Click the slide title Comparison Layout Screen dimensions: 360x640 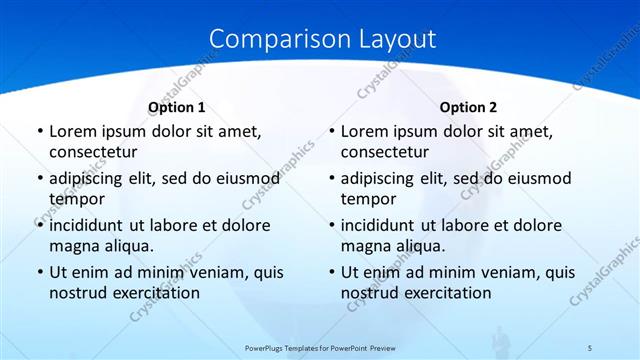pos(322,39)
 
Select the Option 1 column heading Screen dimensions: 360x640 pos(177,107)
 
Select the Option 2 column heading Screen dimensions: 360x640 pos(468,107)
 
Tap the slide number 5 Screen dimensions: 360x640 pos(590,347)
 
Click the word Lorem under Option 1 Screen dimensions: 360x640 pos(74,131)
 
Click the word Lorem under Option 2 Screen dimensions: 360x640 pos(366,131)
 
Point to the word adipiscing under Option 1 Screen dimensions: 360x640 pos(93,179)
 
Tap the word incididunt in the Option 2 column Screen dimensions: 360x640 pos(386,225)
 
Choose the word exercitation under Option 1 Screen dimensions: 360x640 pos(154,293)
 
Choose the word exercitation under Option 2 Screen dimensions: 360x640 pos(446,293)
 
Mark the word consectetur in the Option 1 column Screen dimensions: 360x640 pos(93,152)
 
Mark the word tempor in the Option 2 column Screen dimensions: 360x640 pos(369,200)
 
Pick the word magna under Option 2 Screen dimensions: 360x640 pos(367,246)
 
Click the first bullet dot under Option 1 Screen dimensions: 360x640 pos(38,132)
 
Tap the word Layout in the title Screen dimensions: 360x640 pos(394,39)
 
